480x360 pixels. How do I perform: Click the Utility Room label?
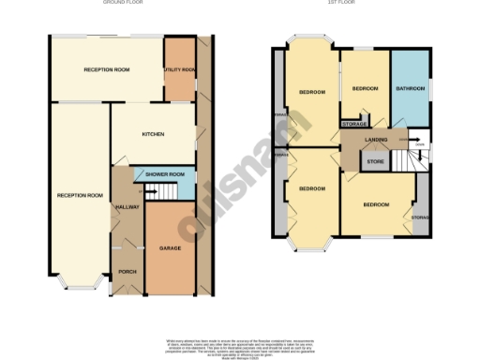[x=179, y=70]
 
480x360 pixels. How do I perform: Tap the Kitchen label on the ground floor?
[x=153, y=134]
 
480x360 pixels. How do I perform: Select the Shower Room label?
[x=165, y=174]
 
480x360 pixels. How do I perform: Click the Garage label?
[x=170, y=248]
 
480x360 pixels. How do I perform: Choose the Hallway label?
[x=126, y=206]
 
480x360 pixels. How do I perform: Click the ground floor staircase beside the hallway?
[x=157, y=192]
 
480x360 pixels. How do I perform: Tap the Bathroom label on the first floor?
[x=411, y=88]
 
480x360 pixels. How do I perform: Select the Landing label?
[x=376, y=141]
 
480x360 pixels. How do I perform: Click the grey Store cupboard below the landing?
[x=375, y=161]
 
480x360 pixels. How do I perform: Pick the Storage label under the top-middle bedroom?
[x=353, y=124]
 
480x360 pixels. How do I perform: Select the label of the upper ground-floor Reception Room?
[x=106, y=70]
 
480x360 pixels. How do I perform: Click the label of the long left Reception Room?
[x=79, y=195]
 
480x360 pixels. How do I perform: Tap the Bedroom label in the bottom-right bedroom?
[x=377, y=203]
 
